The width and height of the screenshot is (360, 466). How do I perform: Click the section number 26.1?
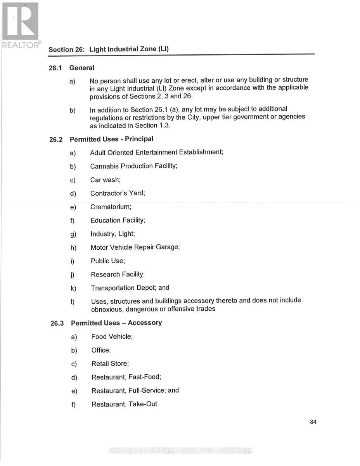tap(55, 68)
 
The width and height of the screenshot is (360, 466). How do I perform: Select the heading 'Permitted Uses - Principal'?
tap(111, 139)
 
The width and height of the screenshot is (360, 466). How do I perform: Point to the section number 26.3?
tap(57, 323)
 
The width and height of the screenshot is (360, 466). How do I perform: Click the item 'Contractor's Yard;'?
tap(118, 193)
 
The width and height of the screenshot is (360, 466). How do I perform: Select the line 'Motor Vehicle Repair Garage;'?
tap(135, 247)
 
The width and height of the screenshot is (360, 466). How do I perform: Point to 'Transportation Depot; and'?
tap(130, 288)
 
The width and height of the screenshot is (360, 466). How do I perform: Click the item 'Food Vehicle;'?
tap(112, 337)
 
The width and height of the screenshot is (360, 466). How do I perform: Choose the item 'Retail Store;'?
tap(110, 364)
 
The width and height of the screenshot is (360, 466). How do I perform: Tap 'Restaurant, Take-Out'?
tap(124, 404)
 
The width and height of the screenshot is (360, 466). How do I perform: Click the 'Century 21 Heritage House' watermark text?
tap(180, 450)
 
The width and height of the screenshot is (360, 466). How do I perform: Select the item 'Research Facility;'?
tap(118, 275)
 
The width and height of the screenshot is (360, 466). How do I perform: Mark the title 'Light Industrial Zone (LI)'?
tap(129, 49)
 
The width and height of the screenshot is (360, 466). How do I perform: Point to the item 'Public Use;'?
tap(108, 261)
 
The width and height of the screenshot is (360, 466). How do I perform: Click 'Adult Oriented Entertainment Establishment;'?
tap(156, 152)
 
